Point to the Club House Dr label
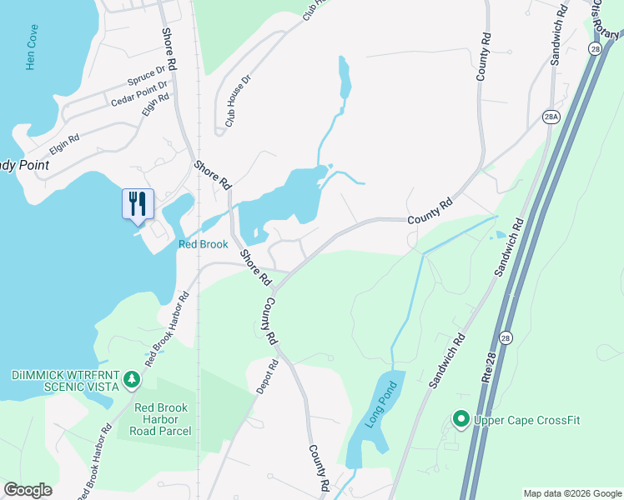(234, 102)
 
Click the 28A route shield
(550, 116)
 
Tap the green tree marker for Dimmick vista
(130, 381)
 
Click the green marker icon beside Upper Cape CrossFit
(460, 419)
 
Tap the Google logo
(28, 490)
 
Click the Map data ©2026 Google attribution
(572, 493)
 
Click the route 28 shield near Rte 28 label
(506, 337)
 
